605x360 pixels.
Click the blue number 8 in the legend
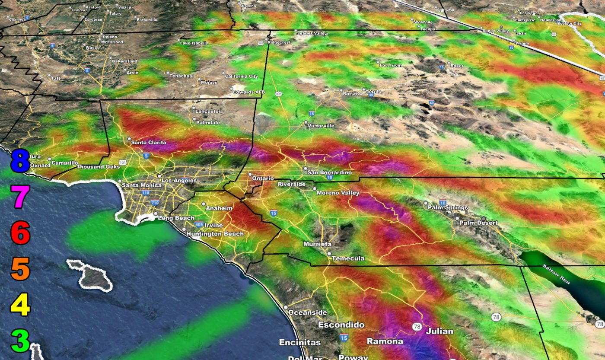coord(20,161)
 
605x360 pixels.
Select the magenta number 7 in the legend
coord(20,197)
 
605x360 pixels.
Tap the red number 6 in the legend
coord(20,233)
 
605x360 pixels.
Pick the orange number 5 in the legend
coord(20,269)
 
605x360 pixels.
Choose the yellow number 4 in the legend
coord(20,305)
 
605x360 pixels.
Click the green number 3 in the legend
coord(20,341)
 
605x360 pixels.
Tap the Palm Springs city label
coord(448,207)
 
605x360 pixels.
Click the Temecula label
coord(348,258)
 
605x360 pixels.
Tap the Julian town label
coord(439,331)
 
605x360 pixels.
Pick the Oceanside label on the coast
coord(308,312)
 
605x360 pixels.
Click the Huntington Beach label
coord(215,234)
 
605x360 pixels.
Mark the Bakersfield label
coord(124,61)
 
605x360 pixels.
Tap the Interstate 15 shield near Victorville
coord(312,114)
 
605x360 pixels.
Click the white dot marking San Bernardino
coord(305,169)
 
